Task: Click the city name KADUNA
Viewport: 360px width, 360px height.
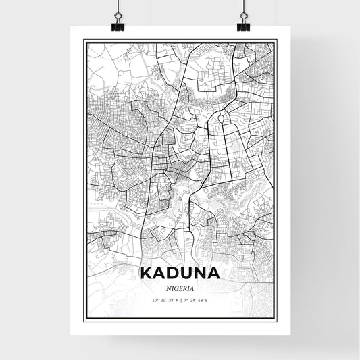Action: pos(180,274)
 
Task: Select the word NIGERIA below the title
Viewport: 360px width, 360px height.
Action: pos(180,288)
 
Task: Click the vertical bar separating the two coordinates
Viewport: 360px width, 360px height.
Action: pos(180,300)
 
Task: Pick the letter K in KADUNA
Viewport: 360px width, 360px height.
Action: pos(147,274)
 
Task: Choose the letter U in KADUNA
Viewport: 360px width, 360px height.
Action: pos(186,274)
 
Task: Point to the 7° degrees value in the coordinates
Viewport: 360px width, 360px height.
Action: pos(184,300)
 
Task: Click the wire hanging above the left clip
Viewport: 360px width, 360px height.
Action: pos(118,8)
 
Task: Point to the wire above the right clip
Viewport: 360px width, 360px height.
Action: pos(242,8)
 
